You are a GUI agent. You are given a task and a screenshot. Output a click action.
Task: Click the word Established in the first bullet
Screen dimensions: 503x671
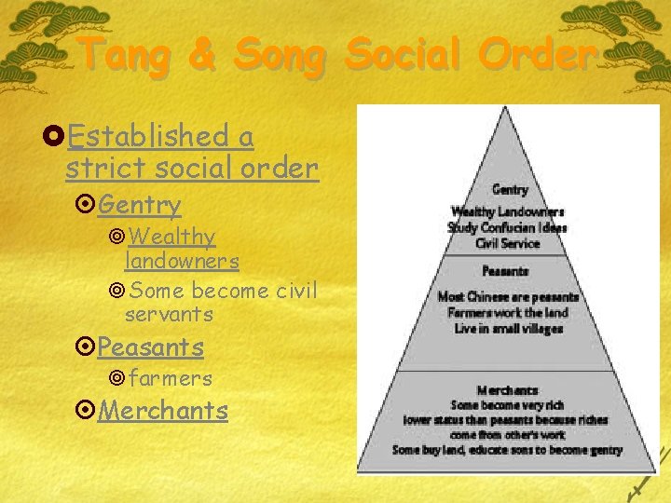(153, 136)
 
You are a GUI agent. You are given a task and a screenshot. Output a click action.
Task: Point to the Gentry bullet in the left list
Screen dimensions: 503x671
(139, 203)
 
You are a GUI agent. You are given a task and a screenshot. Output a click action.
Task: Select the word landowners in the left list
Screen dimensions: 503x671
(182, 262)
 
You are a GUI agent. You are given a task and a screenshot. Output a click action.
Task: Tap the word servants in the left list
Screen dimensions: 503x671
(169, 314)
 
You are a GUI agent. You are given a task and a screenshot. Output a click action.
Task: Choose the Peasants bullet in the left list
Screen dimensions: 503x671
(150, 347)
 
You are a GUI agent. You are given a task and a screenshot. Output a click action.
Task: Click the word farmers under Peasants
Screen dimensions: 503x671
(171, 378)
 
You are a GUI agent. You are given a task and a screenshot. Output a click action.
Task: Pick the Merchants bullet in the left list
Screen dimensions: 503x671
(162, 410)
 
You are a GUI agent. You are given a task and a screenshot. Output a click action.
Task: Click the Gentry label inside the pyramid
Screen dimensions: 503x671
(509, 190)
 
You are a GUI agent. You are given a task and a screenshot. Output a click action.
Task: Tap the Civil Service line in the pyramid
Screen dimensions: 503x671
(508, 243)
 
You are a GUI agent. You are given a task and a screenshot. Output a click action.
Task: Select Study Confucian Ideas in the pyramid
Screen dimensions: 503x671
(507, 227)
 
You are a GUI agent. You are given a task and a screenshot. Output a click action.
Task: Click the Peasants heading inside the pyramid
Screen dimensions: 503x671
(507, 271)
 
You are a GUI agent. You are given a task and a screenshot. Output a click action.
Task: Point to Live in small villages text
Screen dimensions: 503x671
(508, 328)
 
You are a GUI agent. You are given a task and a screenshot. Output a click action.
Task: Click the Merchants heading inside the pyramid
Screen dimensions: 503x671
(507, 390)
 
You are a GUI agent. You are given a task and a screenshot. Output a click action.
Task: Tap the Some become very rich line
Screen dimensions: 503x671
(507, 405)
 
